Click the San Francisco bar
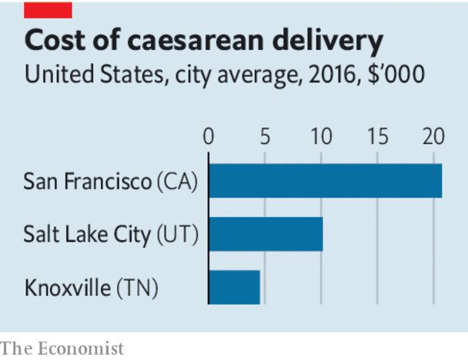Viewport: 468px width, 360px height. pos(325,182)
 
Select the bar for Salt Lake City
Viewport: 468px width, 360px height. pos(266,234)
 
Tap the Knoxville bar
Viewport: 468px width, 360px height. pos(234,287)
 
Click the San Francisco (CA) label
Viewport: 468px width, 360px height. pos(111,182)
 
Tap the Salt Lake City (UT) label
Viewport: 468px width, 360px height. pos(111,235)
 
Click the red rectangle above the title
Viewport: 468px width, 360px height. pos(48,9)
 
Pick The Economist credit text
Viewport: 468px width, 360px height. pos(62,348)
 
